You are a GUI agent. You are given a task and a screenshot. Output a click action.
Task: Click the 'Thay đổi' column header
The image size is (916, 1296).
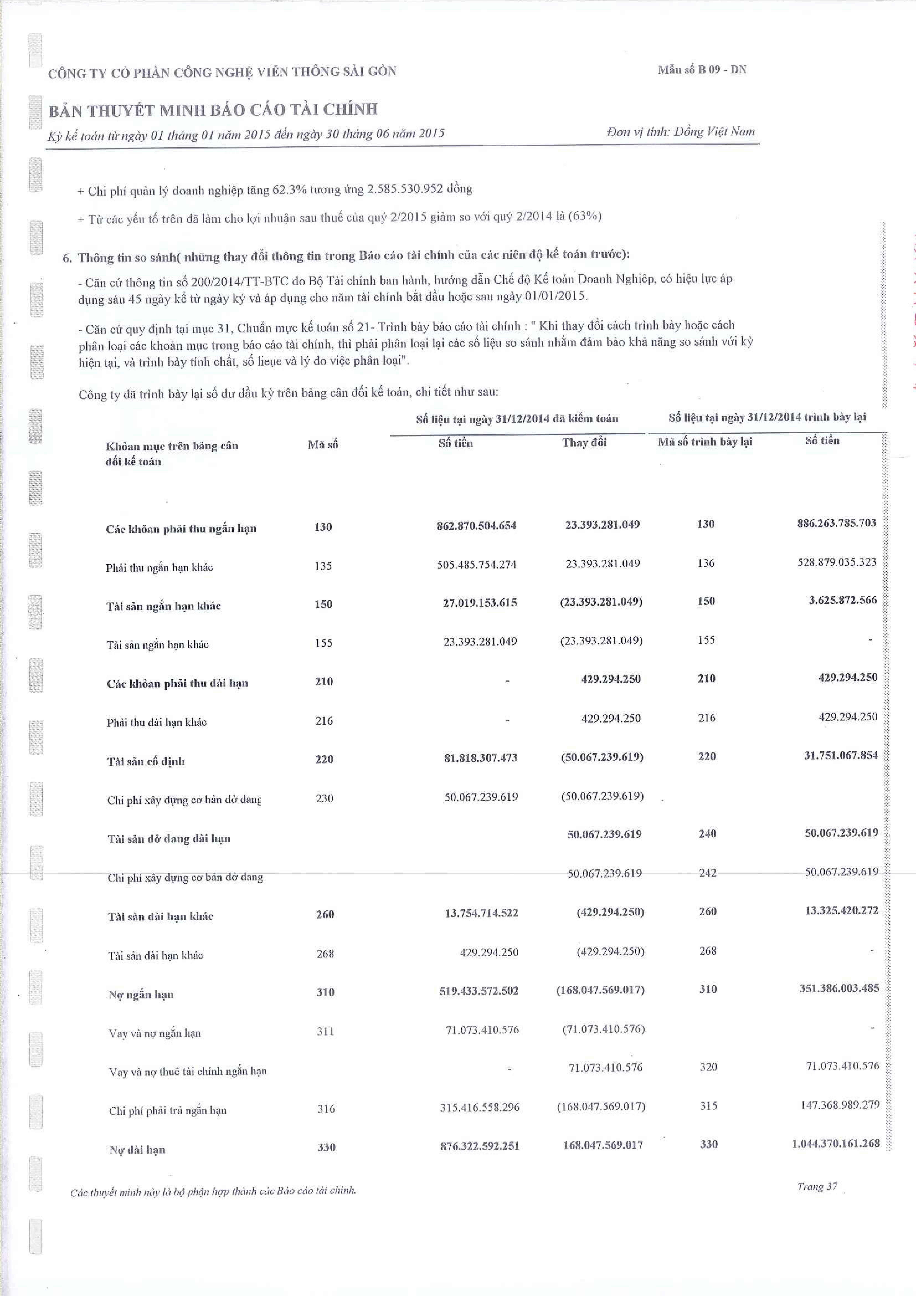[x=584, y=443]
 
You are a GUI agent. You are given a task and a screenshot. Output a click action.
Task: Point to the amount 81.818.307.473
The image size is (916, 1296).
[x=481, y=758]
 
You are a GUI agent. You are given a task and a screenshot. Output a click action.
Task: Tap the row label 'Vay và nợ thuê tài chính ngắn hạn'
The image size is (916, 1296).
[x=188, y=1071]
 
